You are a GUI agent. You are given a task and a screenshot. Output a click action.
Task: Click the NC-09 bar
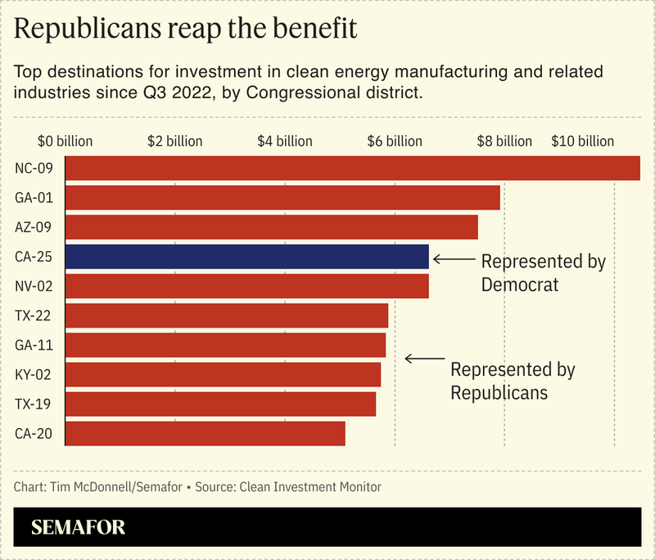tap(352, 168)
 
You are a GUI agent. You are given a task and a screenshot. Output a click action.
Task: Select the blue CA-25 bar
tap(246, 257)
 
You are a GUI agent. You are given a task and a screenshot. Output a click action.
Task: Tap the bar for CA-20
tap(205, 434)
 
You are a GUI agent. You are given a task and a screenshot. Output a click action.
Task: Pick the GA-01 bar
tap(282, 197)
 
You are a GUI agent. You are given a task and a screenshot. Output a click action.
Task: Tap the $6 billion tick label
tap(395, 141)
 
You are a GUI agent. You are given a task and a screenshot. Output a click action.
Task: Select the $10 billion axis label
tap(582, 141)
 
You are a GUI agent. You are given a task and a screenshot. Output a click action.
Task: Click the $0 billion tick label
tap(65, 141)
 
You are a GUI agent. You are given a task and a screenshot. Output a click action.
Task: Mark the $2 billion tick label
tap(175, 141)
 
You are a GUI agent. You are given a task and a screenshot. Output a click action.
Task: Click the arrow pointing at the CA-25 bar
tap(453, 259)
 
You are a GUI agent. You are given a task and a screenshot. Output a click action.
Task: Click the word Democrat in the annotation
tap(519, 285)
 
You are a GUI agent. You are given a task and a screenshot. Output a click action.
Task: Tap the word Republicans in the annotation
tap(499, 392)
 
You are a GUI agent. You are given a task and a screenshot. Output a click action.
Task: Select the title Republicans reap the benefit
tap(186, 30)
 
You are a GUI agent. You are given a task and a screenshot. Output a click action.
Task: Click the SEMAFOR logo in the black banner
tap(79, 528)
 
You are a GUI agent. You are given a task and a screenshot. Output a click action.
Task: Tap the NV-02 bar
tap(246, 287)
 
